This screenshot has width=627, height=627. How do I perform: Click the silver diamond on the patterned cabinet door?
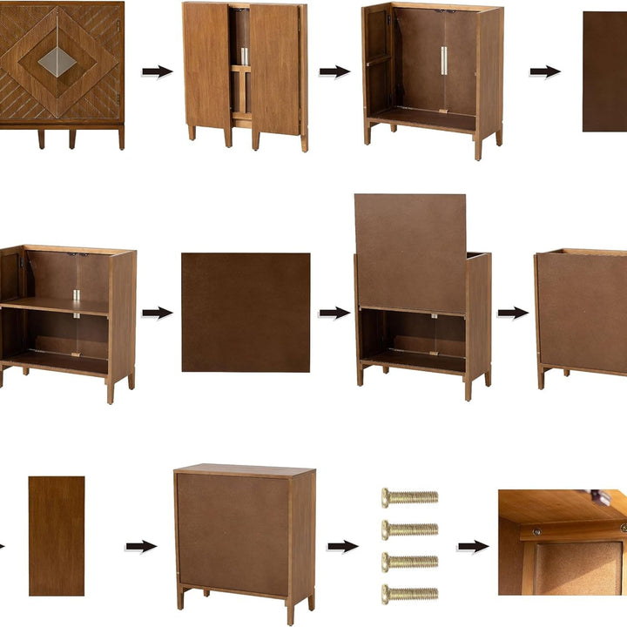[58, 61]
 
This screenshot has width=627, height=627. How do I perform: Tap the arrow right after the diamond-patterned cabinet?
[157, 71]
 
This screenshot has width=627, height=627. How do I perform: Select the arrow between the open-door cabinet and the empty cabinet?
[334, 71]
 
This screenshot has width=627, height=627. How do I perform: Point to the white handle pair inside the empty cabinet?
[444, 61]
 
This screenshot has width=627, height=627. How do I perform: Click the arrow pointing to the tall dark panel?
[544, 71]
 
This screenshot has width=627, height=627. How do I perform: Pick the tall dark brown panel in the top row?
[604, 71]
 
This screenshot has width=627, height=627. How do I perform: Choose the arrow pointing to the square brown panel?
[157, 313]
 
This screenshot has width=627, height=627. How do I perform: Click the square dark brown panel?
[246, 313]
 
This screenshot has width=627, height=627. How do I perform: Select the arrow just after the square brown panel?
[334, 313]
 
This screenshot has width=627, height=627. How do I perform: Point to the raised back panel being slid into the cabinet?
[409, 253]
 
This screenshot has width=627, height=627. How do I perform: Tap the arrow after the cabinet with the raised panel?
[513, 313]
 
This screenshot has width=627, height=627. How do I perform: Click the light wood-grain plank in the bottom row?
[57, 536]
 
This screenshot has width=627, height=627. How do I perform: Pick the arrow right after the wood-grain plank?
[140, 546]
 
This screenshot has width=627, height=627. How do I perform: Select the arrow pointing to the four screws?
[342, 546]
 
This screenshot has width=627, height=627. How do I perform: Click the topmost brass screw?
[409, 497]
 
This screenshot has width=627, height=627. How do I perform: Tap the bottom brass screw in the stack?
[409, 594]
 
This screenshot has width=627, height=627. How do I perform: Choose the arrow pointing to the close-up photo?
[472, 546]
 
